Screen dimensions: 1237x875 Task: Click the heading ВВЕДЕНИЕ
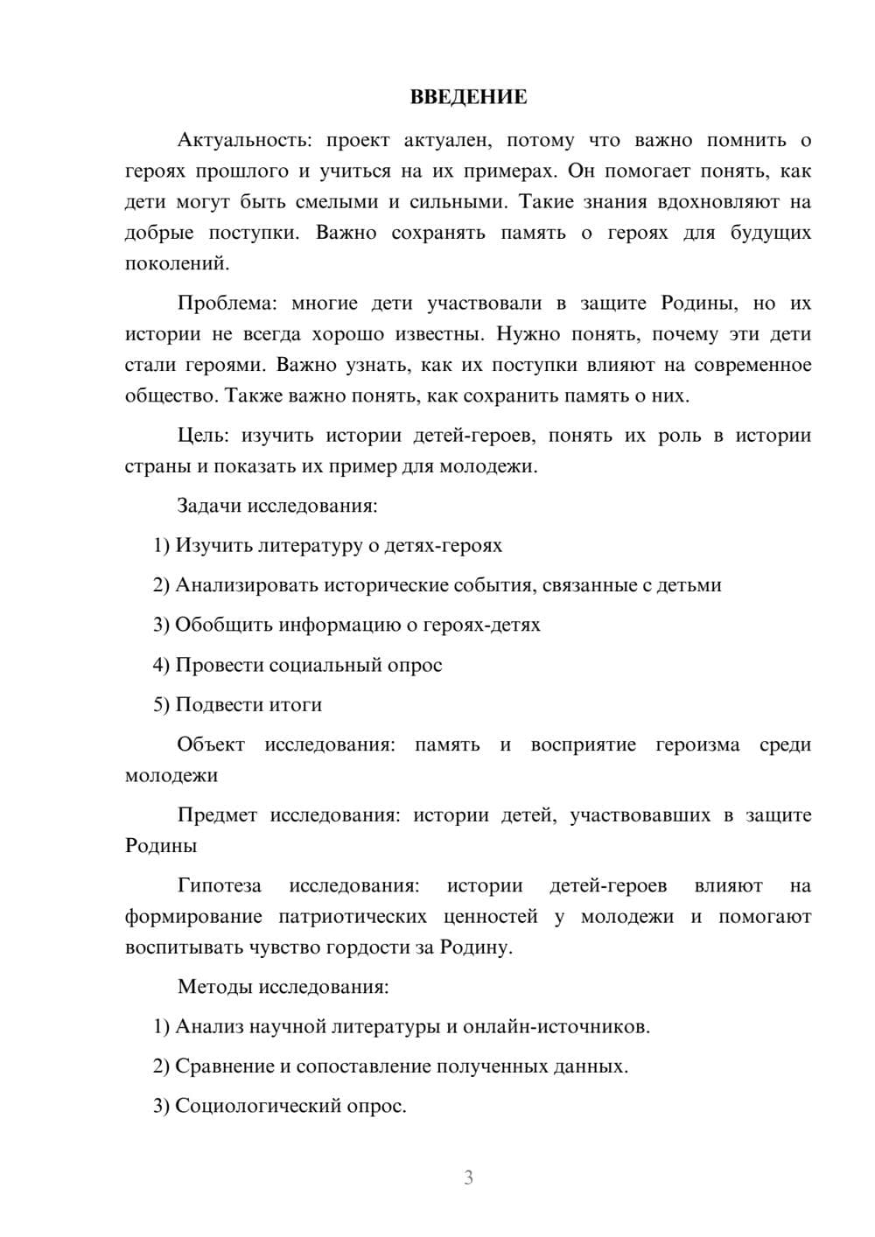[468, 97]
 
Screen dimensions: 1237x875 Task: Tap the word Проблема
[227, 304]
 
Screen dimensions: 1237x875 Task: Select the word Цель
[203, 436]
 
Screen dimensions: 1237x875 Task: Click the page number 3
[468, 1178]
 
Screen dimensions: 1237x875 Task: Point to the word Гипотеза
[219, 885]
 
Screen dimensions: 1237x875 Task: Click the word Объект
[211, 744]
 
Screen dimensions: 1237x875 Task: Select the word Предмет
[217, 815]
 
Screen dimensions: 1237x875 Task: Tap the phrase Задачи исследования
[276, 506]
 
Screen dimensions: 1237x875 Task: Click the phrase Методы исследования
[283, 987]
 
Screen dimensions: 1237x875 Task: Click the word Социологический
[259, 1106]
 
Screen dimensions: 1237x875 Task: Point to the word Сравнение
[224, 1066]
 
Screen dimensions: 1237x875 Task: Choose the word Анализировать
[247, 585]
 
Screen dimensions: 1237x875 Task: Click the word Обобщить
[224, 625]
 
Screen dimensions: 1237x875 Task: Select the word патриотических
[353, 917]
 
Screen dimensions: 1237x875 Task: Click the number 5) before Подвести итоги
[161, 705]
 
